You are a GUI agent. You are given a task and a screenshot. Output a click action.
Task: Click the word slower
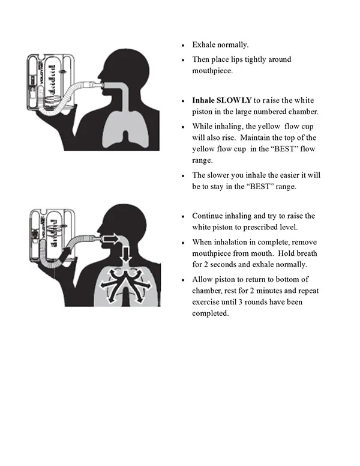(x=220, y=175)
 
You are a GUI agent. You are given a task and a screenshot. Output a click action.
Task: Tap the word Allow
(x=203, y=280)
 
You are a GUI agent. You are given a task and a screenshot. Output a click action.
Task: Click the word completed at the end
(x=210, y=313)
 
